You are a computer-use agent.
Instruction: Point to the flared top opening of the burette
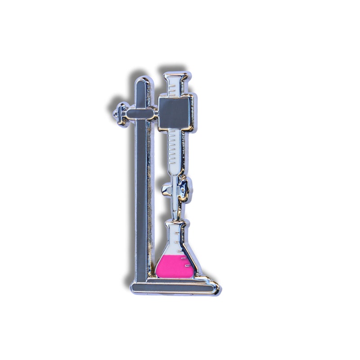click(175, 77)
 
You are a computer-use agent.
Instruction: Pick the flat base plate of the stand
click(171, 286)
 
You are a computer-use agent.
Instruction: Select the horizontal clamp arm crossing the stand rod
click(140, 113)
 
